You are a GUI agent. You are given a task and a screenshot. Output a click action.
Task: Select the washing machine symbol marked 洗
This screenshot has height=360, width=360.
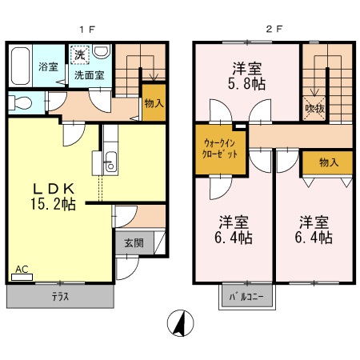pos(79,55)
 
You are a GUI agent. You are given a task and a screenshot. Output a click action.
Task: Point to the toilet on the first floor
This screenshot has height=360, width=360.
pos(21,102)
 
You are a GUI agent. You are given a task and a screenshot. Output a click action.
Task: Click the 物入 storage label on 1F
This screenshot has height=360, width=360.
pos(154,102)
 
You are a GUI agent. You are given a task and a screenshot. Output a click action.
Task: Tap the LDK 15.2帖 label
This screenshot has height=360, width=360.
pos(54,196)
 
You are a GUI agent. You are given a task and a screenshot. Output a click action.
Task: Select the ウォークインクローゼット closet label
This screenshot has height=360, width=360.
pos(219,149)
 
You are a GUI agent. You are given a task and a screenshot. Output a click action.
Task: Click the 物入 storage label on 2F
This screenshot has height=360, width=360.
pos(328,162)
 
